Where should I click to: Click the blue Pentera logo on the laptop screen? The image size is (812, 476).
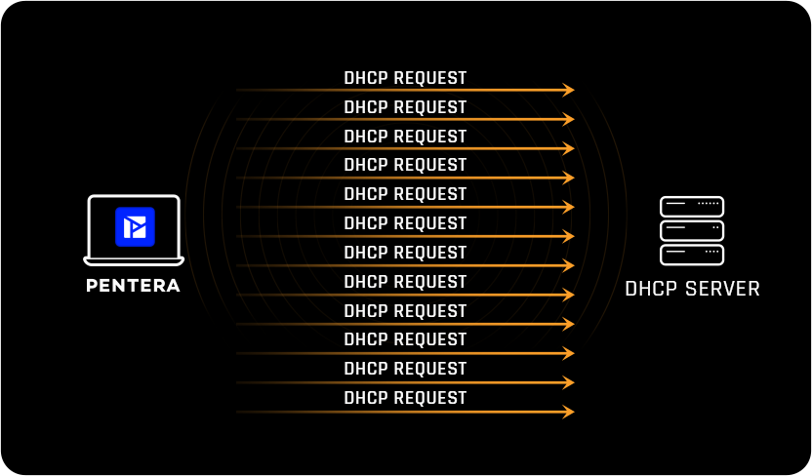[x=135, y=225]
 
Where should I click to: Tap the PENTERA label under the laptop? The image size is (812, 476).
[x=133, y=286]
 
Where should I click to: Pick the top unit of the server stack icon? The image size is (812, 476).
[x=692, y=207]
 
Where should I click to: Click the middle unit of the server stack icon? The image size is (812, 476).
[x=692, y=230]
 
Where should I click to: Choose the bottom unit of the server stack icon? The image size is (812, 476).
[x=692, y=255]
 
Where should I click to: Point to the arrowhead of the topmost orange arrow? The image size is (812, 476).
[x=569, y=90]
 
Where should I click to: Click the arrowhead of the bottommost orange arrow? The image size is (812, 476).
[x=569, y=412]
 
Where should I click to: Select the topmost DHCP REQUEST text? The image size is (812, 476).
[x=405, y=78]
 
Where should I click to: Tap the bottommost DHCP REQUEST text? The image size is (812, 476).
[x=405, y=398]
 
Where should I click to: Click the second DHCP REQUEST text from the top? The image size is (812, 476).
[x=405, y=107]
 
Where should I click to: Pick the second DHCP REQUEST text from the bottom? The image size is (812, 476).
[x=405, y=369]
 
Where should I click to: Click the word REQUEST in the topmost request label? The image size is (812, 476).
[x=429, y=78]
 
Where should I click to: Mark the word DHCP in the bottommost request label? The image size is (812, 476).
[x=366, y=398]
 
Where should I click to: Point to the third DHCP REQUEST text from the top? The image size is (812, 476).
[x=405, y=137]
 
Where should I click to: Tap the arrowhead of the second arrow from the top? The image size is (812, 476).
[x=569, y=119]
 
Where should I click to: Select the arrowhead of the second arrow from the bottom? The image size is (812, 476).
[x=569, y=382]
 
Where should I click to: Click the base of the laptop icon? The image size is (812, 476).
[x=134, y=261]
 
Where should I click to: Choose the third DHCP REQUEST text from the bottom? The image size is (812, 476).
[x=405, y=339]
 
